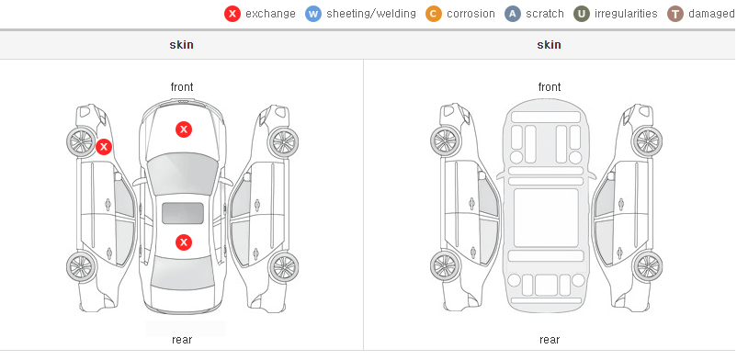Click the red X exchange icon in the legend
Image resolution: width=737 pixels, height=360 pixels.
pos(232,14)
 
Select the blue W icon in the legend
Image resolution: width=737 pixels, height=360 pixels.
pos(313,14)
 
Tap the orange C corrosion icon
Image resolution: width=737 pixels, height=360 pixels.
pos(434,14)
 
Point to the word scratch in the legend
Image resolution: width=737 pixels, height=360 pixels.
pos(545,14)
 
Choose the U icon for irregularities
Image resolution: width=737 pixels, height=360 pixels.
pos(582,14)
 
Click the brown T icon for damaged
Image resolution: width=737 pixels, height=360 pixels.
pos(675,14)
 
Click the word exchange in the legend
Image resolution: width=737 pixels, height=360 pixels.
pos(270,14)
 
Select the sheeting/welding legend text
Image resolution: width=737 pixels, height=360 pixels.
pos(371,14)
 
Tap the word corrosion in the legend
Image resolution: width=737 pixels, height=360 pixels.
pos(471,14)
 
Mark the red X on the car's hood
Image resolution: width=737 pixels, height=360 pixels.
pos(184,129)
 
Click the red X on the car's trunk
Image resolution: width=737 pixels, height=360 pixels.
pos(184,242)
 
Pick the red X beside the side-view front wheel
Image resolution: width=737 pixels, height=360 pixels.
pos(104,147)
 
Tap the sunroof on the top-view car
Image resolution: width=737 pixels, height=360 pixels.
pos(183,213)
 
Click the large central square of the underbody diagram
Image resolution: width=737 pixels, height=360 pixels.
pos(546,218)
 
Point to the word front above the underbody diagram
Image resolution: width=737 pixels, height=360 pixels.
pos(550,87)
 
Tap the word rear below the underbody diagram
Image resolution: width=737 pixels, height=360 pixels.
pos(550,340)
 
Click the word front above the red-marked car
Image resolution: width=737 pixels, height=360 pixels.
pos(182,87)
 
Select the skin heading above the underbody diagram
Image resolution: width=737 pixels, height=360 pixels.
pos(549,45)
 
